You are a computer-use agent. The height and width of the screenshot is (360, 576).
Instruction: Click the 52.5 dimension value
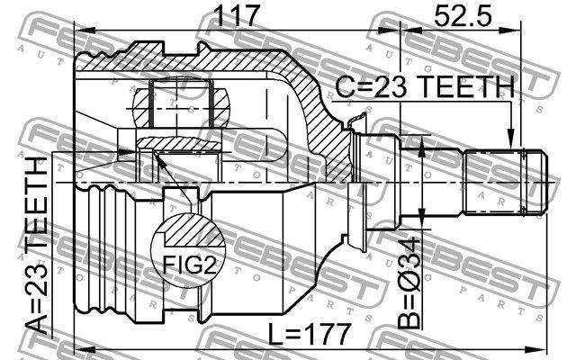(x=462, y=15)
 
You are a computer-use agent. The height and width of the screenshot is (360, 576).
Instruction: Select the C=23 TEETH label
(x=425, y=86)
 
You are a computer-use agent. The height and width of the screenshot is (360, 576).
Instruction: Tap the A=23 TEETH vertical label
(x=37, y=246)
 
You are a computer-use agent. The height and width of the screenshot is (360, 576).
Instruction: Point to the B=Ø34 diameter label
(x=409, y=283)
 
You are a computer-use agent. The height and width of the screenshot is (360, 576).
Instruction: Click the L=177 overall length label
(x=309, y=334)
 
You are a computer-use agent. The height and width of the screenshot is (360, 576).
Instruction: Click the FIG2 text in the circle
(x=190, y=265)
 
